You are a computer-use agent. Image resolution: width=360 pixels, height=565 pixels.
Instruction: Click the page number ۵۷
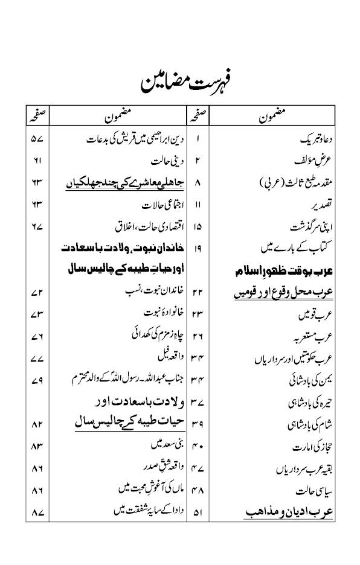pyautogui.click(x=37, y=139)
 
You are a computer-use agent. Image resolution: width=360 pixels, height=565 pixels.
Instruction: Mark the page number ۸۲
pyautogui.click(x=37, y=425)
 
